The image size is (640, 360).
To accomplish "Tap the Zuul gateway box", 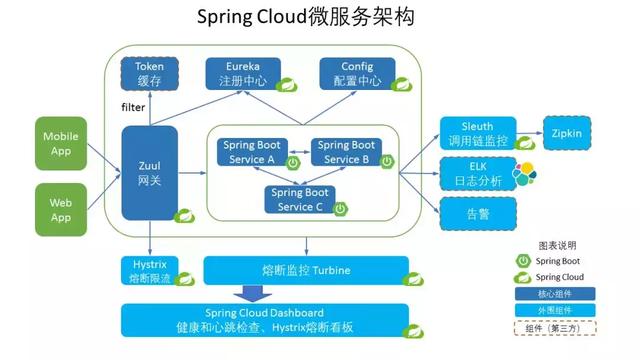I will pos(149,172).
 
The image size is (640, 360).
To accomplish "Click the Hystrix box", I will pos(149,269).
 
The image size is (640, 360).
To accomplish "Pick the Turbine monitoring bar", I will pos(306,269).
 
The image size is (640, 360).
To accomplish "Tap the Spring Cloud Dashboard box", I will pos(265,321).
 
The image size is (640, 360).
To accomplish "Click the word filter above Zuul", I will pos(133,107).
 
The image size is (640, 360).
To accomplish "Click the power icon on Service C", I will pos(340,208).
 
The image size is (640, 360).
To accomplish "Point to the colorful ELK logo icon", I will pos(525,174).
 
